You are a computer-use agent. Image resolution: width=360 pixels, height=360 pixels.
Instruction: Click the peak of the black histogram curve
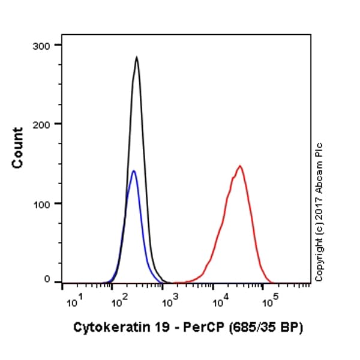137,58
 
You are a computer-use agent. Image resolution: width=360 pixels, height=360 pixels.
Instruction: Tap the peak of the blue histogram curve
134,171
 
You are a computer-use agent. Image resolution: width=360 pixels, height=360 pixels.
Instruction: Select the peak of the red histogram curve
239,166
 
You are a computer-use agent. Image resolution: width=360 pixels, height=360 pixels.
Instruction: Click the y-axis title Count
18,148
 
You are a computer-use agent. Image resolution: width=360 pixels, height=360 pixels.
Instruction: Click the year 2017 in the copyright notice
319,206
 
